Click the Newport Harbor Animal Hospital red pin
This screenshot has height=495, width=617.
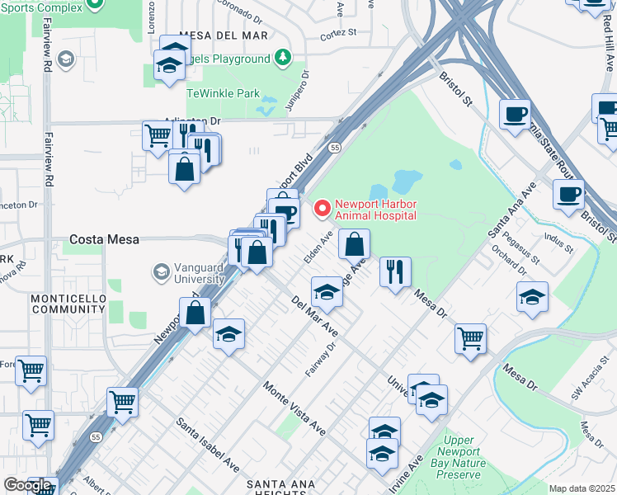[x=322, y=205]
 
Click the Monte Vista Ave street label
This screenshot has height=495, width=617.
[x=294, y=408]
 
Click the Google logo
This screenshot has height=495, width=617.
[x=26, y=485]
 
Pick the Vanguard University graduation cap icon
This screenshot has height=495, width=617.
[x=161, y=271]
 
